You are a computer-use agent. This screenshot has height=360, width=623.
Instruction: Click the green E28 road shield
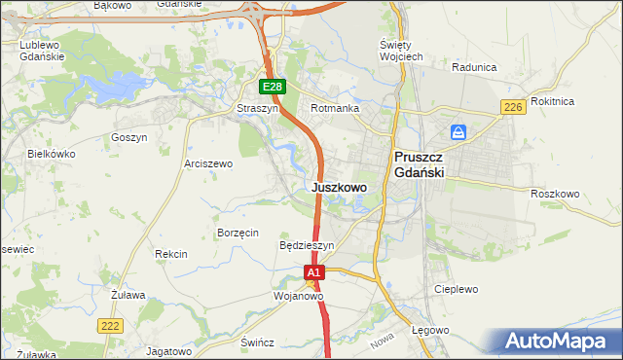click(273, 87)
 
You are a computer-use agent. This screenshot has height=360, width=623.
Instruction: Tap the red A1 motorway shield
click(313, 274)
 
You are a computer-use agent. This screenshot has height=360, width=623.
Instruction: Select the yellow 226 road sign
click(515, 106)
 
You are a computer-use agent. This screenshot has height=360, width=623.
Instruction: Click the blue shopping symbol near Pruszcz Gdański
click(458, 131)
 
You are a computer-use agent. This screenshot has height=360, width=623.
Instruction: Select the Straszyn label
click(258, 109)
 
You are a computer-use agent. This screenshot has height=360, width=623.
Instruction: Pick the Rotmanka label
click(335, 109)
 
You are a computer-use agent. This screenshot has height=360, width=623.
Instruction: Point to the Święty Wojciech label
click(400, 51)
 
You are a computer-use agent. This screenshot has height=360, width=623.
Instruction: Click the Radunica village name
click(475, 67)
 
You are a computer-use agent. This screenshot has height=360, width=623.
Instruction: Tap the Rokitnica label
click(581, 101)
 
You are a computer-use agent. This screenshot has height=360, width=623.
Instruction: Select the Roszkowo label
click(555, 194)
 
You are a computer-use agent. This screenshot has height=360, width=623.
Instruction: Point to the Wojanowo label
click(299, 295)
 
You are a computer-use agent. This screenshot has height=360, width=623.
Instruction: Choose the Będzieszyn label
click(307, 246)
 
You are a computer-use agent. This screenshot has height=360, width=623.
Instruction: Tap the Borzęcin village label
click(238, 233)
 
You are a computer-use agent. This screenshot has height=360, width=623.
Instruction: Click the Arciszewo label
click(208, 163)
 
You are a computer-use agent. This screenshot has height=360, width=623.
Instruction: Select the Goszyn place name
click(128, 138)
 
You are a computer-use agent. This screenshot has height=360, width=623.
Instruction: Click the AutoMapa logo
click(558, 342)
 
